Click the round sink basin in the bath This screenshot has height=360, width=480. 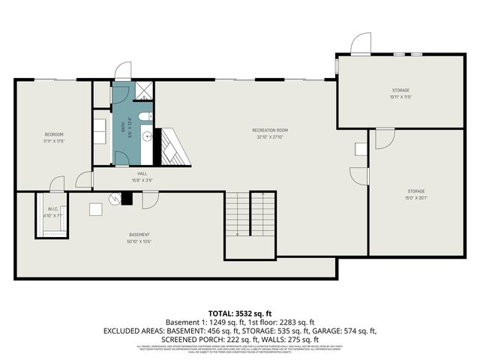pyautogui.click(x=148, y=136)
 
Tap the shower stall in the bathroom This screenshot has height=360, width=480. pyautogui.click(x=142, y=91)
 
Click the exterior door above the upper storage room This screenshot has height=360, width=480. pyautogui.click(x=360, y=43)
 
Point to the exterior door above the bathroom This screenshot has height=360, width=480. pyautogui.click(x=121, y=72)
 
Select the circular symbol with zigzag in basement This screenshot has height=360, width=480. pyautogui.click(x=115, y=198)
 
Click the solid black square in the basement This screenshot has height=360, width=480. pyautogui.click(x=127, y=198)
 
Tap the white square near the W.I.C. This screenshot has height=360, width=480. pyautogui.click(x=96, y=209)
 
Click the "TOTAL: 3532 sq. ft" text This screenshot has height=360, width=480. pyautogui.click(x=239, y=313)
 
